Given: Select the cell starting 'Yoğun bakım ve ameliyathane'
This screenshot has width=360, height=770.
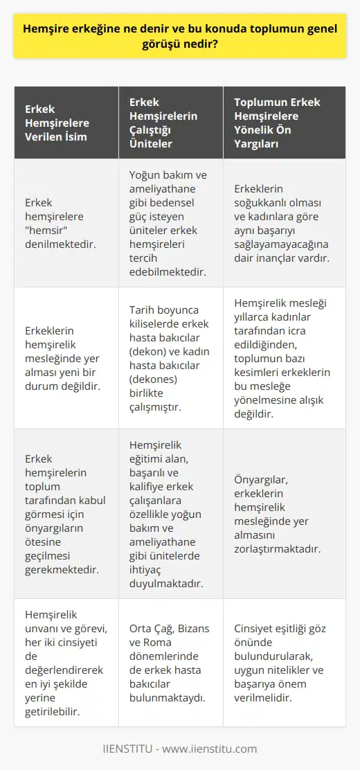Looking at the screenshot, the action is [x=170, y=223].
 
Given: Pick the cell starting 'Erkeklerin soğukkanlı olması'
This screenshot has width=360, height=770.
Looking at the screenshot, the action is [x=284, y=223].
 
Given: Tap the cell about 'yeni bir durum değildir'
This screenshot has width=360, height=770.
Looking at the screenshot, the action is [x=62, y=359].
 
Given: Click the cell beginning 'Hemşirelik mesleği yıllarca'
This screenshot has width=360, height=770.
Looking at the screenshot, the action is [x=284, y=359].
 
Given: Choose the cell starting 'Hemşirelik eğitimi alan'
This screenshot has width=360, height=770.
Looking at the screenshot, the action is [x=170, y=513].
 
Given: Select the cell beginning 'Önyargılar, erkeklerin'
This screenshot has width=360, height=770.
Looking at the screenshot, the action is [x=284, y=513].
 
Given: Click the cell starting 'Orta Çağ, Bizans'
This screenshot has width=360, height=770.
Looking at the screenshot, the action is [x=170, y=663].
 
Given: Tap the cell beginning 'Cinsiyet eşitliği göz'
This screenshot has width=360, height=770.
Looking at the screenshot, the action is [x=284, y=663].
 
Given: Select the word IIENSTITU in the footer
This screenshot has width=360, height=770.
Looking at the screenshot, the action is [x=129, y=749].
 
